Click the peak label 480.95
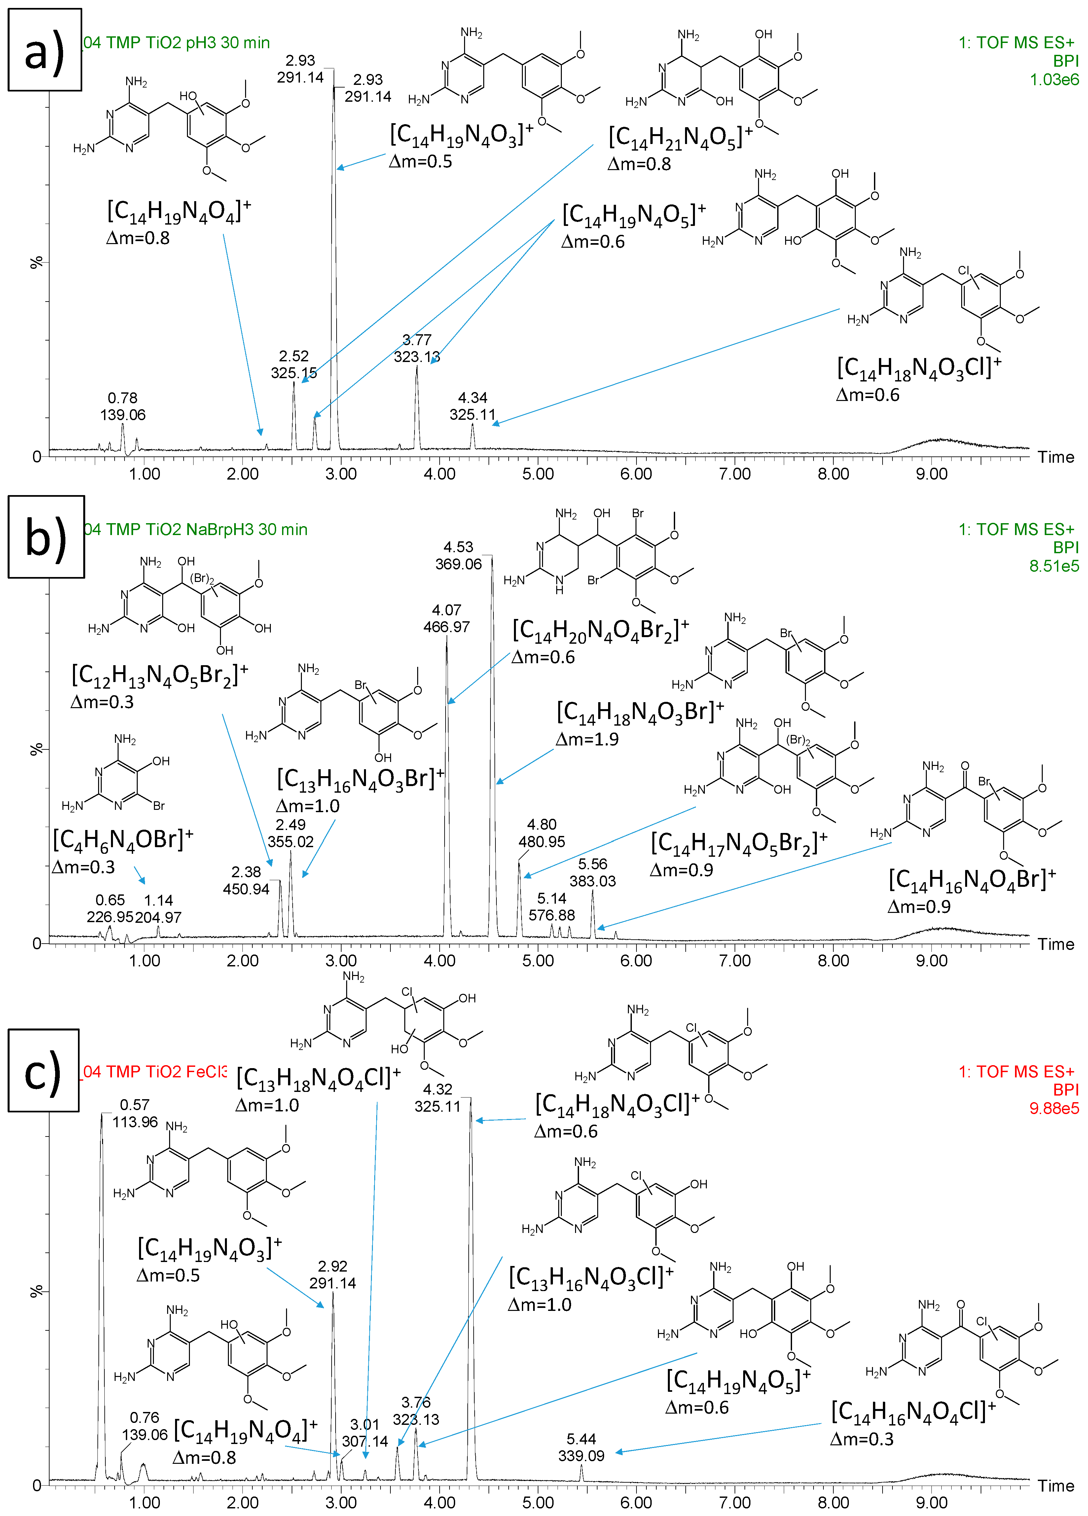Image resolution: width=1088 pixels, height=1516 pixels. tap(542, 842)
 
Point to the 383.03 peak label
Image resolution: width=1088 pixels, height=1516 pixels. tap(593, 881)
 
